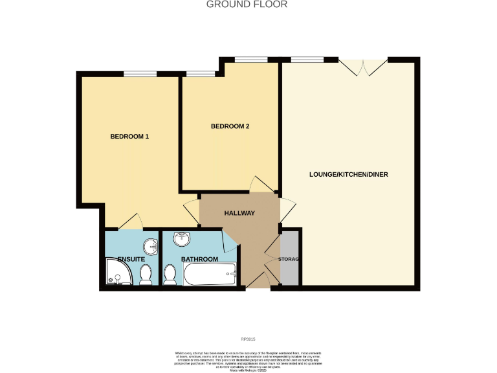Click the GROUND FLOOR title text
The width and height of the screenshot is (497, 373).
(247, 5)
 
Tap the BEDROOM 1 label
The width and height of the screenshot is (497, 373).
(129, 137)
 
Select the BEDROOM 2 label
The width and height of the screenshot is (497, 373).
(230, 126)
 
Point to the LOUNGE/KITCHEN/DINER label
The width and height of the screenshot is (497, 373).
(348, 175)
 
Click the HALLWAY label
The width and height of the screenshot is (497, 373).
(239, 213)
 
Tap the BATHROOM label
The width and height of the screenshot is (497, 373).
(199, 259)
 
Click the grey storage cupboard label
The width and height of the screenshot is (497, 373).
(290, 259)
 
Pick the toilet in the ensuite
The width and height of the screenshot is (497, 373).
(146, 275)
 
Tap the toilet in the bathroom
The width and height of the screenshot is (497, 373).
(171, 275)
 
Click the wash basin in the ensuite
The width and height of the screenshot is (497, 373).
(151, 247)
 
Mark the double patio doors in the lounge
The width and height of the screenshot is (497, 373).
(363, 67)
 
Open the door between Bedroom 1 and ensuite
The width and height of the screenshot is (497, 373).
(129, 221)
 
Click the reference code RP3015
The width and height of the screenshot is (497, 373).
(248, 339)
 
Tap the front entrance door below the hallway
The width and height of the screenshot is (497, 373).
(257, 280)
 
